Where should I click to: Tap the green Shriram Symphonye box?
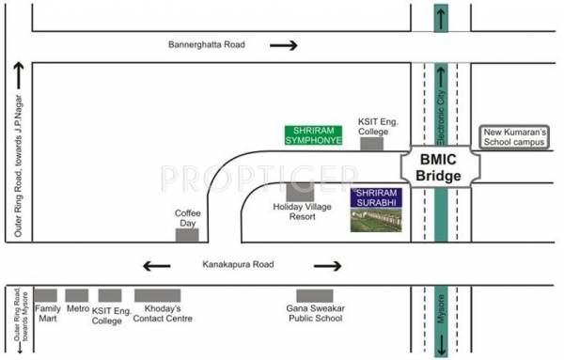314,135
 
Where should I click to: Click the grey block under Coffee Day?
188,234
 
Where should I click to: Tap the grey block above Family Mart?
46,295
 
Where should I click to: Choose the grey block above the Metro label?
77,295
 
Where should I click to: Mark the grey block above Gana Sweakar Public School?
315,295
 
